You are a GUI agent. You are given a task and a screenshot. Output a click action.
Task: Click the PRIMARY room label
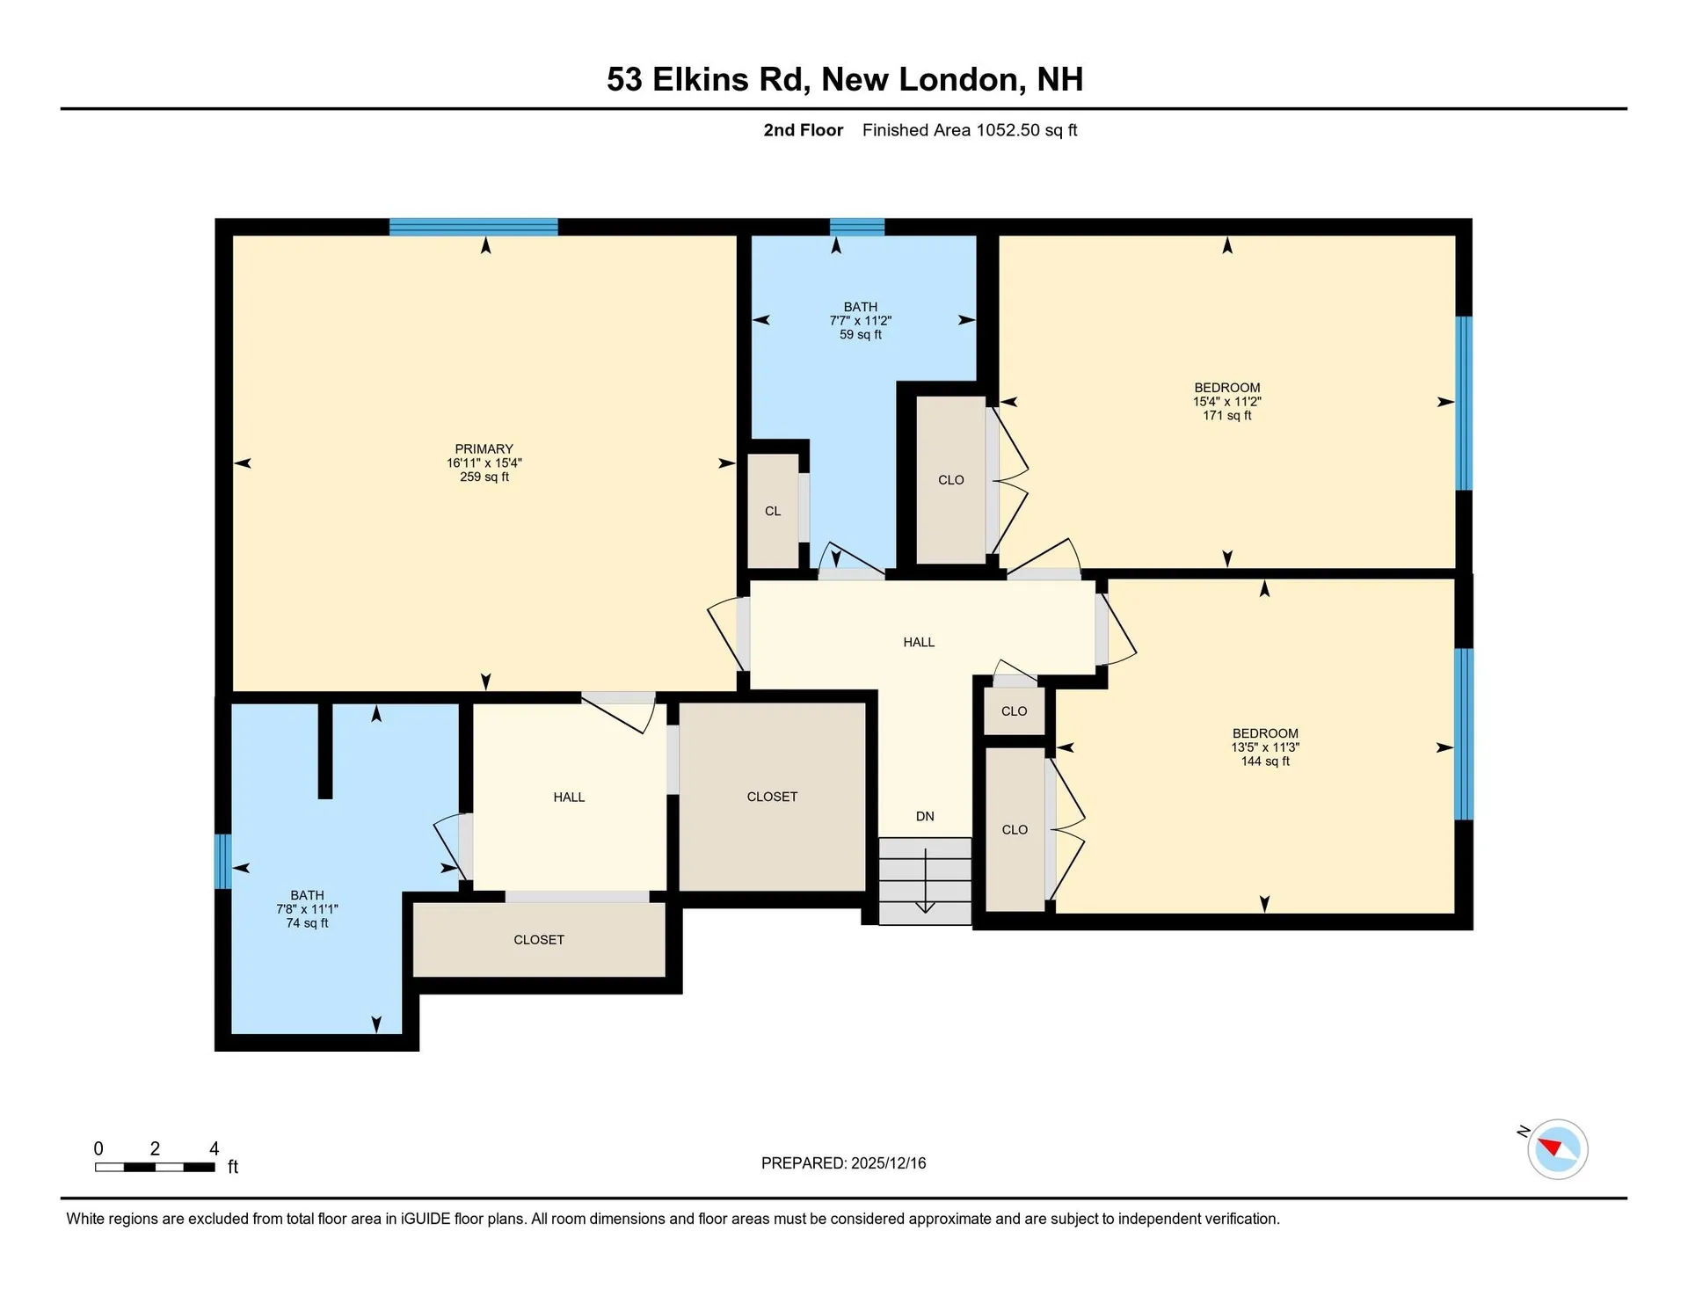(x=484, y=448)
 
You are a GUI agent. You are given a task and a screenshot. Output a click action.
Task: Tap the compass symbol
(x=1557, y=1148)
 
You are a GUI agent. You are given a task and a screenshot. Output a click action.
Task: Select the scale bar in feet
(x=155, y=1167)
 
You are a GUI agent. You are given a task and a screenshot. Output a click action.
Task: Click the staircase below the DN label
(x=925, y=880)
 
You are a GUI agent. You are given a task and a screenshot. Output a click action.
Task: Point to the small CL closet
(x=773, y=511)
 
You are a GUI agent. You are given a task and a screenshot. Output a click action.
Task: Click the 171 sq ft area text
(x=1226, y=415)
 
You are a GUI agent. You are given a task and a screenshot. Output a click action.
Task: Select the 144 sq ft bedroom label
(x=1264, y=733)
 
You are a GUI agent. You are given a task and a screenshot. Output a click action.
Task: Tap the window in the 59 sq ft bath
(x=857, y=227)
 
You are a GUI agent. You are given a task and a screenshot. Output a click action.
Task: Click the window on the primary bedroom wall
(x=473, y=227)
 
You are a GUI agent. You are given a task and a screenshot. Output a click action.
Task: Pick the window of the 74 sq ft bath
(x=223, y=861)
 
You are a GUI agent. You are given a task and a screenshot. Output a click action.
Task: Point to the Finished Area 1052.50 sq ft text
(x=969, y=130)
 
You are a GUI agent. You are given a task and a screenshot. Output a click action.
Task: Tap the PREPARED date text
(x=843, y=1162)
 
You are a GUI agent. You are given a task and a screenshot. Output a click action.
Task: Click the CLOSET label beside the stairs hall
(x=772, y=797)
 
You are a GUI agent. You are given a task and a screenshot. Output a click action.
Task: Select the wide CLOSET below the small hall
(x=539, y=940)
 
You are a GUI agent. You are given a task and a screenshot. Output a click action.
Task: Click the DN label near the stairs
(x=925, y=816)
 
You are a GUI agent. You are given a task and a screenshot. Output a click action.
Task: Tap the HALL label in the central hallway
(x=919, y=642)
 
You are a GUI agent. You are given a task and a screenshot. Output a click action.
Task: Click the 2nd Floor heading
(x=803, y=130)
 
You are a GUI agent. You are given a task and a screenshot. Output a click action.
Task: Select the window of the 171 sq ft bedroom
(x=1463, y=403)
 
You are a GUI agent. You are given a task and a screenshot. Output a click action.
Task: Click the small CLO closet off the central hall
(x=1014, y=711)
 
